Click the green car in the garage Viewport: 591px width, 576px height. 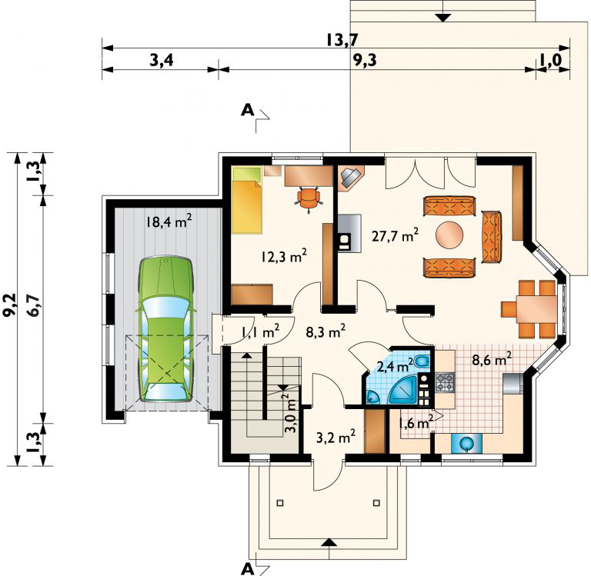tap(166, 329)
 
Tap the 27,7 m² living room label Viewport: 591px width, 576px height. tap(395, 235)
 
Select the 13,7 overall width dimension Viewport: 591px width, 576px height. tap(342, 39)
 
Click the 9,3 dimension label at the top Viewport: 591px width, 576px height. tap(365, 60)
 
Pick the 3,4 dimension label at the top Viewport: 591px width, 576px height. tap(162, 60)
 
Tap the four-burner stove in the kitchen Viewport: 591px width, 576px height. tap(445, 382)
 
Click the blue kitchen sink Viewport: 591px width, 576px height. tap(466, 443)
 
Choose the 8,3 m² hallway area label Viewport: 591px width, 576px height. tap(326, 332)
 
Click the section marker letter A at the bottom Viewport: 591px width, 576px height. tap(248, 569)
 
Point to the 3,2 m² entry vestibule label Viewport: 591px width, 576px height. tap(336, 438)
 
